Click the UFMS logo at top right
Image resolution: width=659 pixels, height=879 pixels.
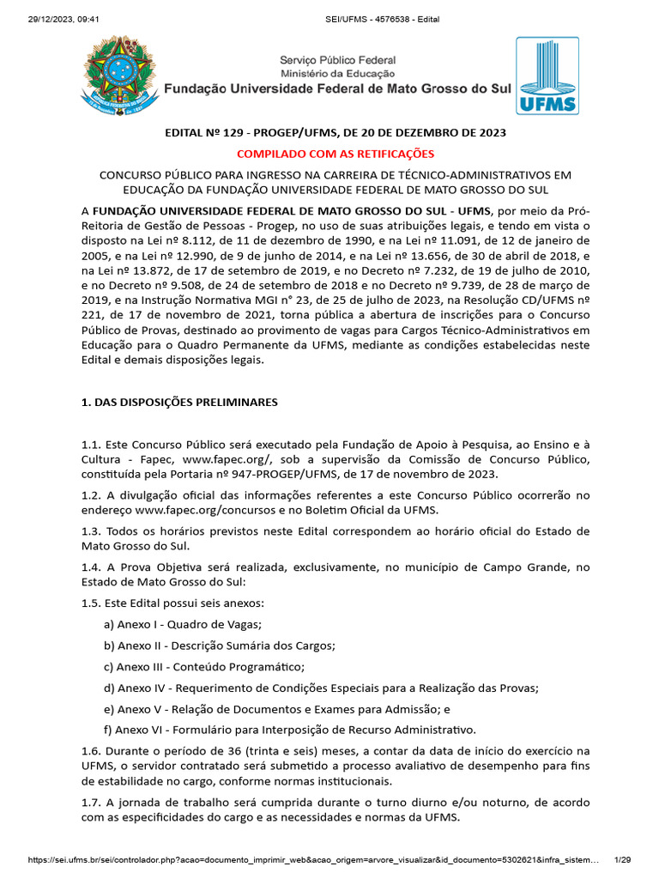pos(547,76)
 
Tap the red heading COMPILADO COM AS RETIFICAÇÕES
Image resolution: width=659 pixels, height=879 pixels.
pos(336,154)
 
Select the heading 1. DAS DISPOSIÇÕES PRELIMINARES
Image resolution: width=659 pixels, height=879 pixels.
pos(179,402)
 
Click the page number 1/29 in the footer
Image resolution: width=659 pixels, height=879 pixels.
pos(622,858)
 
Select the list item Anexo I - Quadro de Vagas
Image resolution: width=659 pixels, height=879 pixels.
pos(183,624)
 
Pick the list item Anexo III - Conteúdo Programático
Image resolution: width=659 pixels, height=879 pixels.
pos(204,666)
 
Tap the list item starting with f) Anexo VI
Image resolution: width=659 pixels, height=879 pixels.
pos(289,730)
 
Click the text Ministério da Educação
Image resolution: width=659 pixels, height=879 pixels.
pos(337,74)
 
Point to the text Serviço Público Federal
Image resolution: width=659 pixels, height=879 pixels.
pos(337,60)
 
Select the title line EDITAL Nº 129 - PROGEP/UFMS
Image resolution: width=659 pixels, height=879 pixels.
pos(336,133)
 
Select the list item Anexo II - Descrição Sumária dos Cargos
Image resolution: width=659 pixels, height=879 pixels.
pos(219,646)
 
